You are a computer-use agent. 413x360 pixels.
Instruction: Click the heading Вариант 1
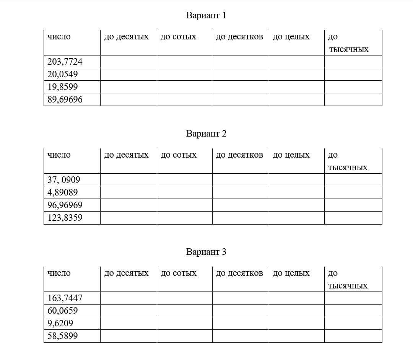point(206,16)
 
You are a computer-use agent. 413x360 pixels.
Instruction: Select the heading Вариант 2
point(206,134)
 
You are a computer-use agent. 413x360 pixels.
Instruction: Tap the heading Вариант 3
point(206,252)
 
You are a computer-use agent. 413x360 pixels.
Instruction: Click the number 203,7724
point(65,62)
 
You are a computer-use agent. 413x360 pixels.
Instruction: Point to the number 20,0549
point(62,74)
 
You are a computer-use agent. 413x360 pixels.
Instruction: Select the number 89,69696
point(65,100)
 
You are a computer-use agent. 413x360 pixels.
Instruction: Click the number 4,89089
point(62,192)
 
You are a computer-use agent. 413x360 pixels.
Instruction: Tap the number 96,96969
point(65,205)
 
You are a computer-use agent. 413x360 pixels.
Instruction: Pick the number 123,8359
point(65,218)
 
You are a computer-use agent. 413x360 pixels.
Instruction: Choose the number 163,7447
point(65,298)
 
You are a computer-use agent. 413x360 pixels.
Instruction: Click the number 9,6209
point(60,323)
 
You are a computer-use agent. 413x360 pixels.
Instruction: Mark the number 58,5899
point(62,336)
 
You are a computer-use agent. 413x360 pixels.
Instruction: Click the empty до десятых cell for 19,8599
point(128,87)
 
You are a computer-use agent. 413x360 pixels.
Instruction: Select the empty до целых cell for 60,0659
point(296,311)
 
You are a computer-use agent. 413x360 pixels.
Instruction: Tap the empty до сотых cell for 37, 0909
point(184,180)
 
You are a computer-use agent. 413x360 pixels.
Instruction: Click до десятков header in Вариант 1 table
point(239,37)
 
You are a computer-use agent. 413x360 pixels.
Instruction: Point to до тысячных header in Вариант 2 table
point(347,161)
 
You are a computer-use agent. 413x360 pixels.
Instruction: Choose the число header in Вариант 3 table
point(59,273)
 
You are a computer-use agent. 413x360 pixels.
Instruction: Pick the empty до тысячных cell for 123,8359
point(353,218)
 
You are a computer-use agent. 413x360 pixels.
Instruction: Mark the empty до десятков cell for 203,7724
point(240,62)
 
